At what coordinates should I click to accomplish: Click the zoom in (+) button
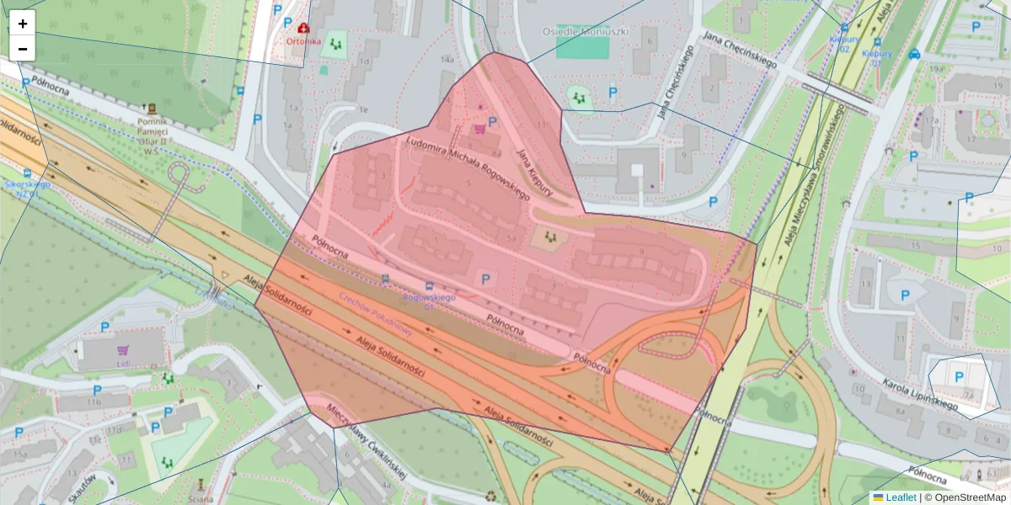click(x=23, y=24)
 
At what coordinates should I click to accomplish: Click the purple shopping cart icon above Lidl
click(x=123, y=349)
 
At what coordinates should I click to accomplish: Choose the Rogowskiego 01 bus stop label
click(x=429, y=300)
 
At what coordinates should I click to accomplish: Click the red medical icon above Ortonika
click(x=302, y=28)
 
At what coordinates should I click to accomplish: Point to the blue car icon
click(x=914, y=54)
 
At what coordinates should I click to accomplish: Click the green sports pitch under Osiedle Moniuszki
click(x=582, y=47)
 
